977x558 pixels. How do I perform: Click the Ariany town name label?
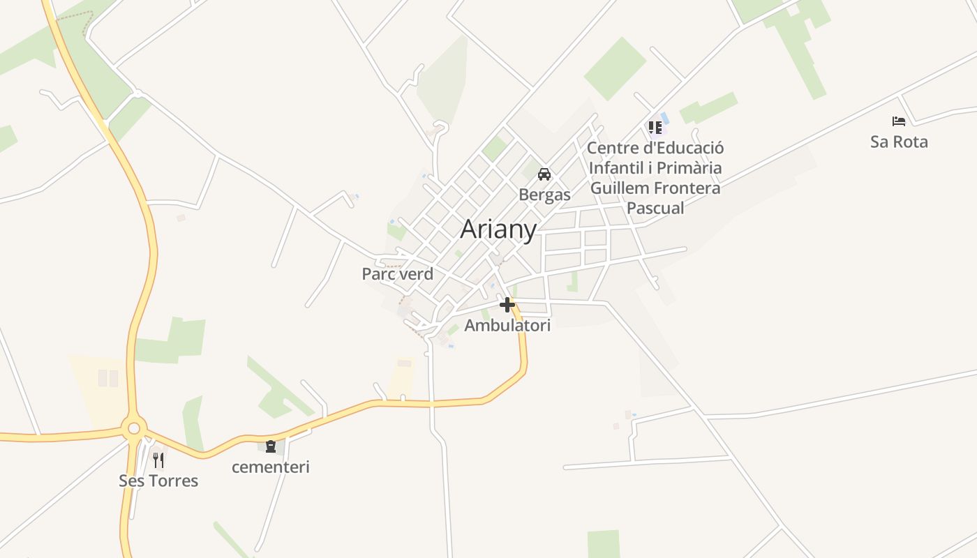(498, 229)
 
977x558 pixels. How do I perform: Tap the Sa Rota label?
(899, 142)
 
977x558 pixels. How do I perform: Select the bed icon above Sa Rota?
(899, 121)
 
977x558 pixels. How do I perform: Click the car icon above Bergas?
(544, 174)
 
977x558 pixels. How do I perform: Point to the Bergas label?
(544, 195)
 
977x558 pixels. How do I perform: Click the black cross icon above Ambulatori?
(507, 305)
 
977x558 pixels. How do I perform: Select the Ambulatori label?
(507, 326)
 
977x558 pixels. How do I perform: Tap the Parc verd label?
(397, 274)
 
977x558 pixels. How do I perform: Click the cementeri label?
(271, 467)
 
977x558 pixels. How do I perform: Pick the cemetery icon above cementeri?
(271, 446)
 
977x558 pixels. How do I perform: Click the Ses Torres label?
(158, 481)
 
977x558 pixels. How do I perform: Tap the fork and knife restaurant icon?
(158, 460)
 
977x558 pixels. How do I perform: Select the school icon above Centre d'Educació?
(655, 128)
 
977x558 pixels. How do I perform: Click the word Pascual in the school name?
(655, 208)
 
